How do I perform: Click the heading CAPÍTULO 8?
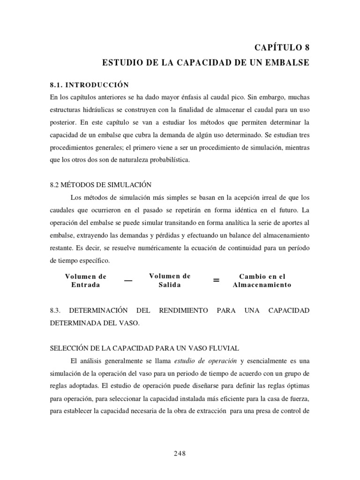click(282, 47)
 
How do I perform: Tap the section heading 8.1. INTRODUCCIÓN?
click(89, 85)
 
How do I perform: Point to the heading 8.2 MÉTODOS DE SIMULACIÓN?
click(100, 185)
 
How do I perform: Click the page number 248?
click(180, 453)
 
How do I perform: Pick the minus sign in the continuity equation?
click(128, 280)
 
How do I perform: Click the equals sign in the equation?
click(216, 280)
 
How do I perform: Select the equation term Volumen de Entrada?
click(86, 280)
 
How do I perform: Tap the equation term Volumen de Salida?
click(170, 280)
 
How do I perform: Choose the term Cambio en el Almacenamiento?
click(262, 280)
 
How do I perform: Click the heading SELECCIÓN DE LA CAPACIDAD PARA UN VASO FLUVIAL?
click(144, 348)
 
